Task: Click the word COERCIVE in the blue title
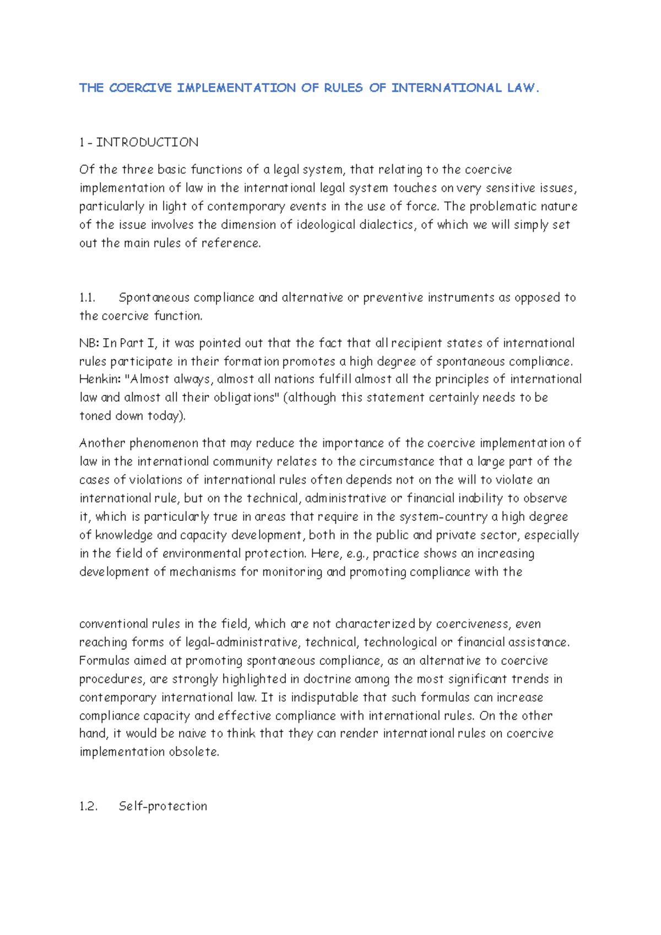(140, 88)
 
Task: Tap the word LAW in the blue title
(520, 88)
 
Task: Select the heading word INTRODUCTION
(147, 143)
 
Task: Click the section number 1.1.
(87, 298)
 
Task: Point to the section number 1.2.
(88, 807)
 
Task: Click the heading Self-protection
(163, 807)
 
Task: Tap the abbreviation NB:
(89, 344)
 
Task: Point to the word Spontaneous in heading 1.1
(154, 298)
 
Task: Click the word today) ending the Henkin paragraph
(166, 416)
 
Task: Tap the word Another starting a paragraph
(102, 444)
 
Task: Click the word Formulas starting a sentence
(104, 661)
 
